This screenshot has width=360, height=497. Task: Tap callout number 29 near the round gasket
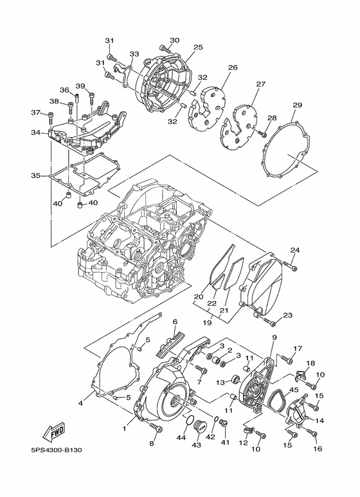[x=297, y=105]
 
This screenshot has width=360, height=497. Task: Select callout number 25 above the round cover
[x=198, y=47]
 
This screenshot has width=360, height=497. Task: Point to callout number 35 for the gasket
[x=35, y=175]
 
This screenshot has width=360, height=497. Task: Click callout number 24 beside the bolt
[x=295, y=250]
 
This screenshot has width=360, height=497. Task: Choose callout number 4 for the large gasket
[x=81, y=403]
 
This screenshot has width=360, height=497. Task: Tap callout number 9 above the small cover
[x=274, y=338]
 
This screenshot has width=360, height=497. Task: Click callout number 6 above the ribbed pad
[x=174, y=321]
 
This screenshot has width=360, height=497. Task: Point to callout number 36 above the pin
[x=64, y=90]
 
